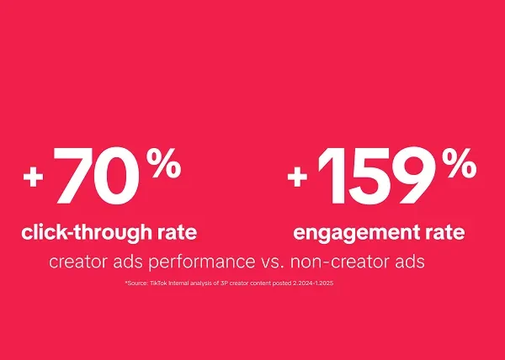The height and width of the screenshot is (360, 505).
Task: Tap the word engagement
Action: [348, 232]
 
